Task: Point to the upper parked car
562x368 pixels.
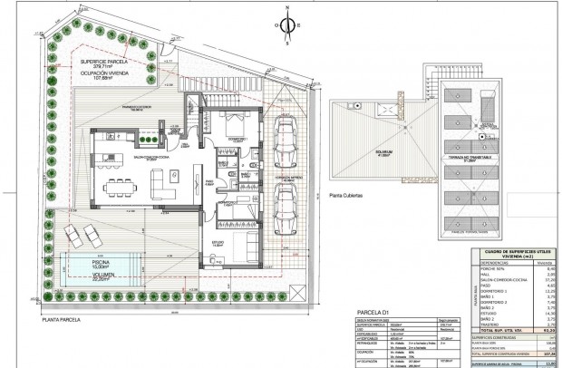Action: pyautogui.click(x=285, y=135)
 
